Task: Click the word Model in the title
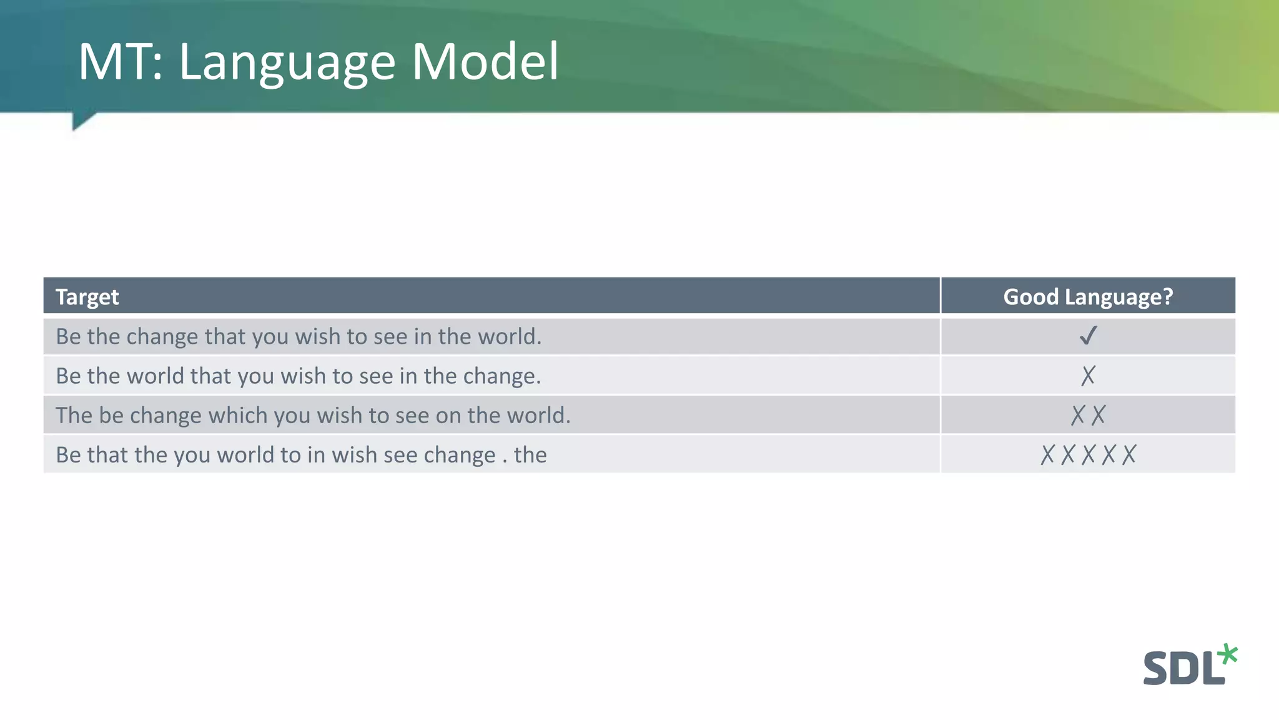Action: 485,62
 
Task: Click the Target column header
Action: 87,297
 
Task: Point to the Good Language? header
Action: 1088,297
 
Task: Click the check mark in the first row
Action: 1088,336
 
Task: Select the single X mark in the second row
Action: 1088,376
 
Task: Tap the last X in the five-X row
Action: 1128,454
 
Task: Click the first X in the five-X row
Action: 1047,454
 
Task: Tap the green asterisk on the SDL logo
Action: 1227,654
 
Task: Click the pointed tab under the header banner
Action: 81,120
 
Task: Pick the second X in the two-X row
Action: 1098,415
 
